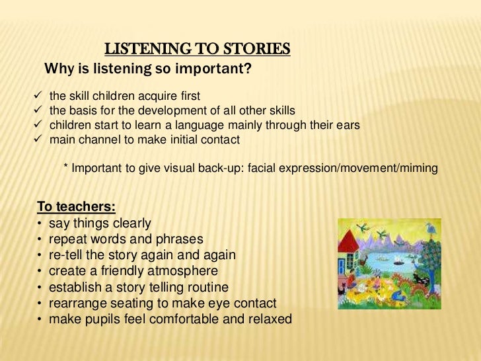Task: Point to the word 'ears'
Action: click(x=347, y=125)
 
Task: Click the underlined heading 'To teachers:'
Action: click(x=76, y=207)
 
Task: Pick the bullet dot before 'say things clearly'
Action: click(x=41, y=223)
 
